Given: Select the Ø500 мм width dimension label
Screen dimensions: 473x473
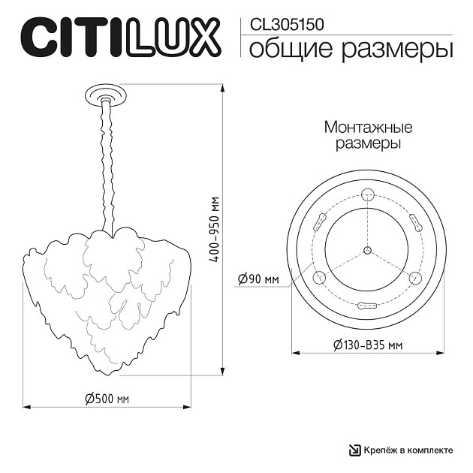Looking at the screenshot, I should (x=107, y=398).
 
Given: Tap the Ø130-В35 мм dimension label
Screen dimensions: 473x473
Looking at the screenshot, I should (x=368, y=345).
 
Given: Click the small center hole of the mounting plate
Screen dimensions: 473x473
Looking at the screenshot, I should (x=367, y=250).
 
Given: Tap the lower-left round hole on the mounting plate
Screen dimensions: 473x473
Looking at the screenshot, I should (x=318, y=276).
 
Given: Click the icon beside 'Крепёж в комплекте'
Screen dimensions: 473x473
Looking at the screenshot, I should (x=354, y=450).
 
